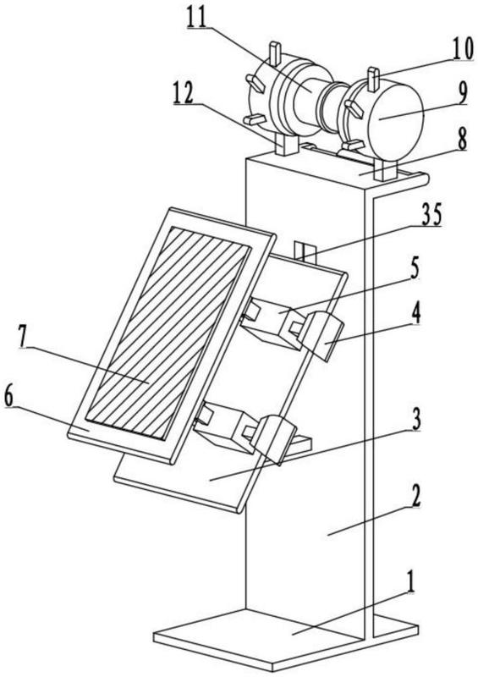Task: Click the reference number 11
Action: coord(197,17)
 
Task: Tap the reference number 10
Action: coord(463,50)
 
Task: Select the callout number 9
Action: coord(462,93)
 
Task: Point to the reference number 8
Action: coord(463,140)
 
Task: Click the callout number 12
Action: coord(184,93)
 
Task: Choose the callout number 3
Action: coord(416,421)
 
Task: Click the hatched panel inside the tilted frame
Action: coord(168,333)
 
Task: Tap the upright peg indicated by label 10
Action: coord(373,79)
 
